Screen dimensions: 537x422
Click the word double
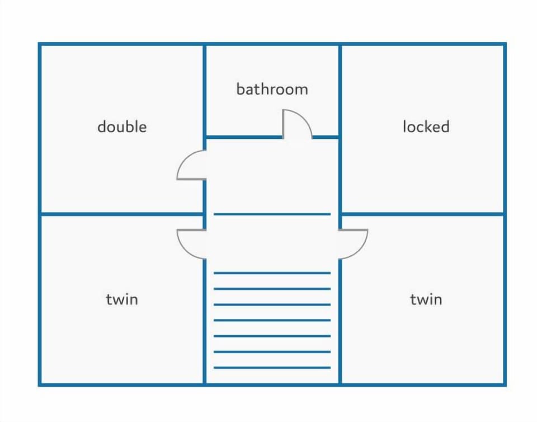click(x=122, y=126)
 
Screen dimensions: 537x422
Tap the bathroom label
click(x=272, y=89)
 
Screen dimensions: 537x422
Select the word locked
click(x=426, y=126)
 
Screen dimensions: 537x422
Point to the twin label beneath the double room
click(x=122, y=299)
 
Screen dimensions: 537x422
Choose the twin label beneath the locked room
click(x=426, y=299)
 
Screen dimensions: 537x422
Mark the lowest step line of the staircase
click(x=272, y=368)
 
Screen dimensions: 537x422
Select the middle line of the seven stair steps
click(x=272, y=320)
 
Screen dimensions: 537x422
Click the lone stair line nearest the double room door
click(x=272, y=214)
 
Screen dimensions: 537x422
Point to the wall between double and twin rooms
click(x=123, y=214)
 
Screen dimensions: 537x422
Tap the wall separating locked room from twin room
click(x=423, y=214)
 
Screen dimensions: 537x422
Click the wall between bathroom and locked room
click(x=340, y=91)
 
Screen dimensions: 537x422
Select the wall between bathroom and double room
click(x=205, y=91)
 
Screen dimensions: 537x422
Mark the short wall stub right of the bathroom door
click(x=326, y=137)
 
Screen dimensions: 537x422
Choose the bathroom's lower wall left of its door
click(x=244, y=137)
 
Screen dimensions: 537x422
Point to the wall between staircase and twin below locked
click(x=340, y=322)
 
